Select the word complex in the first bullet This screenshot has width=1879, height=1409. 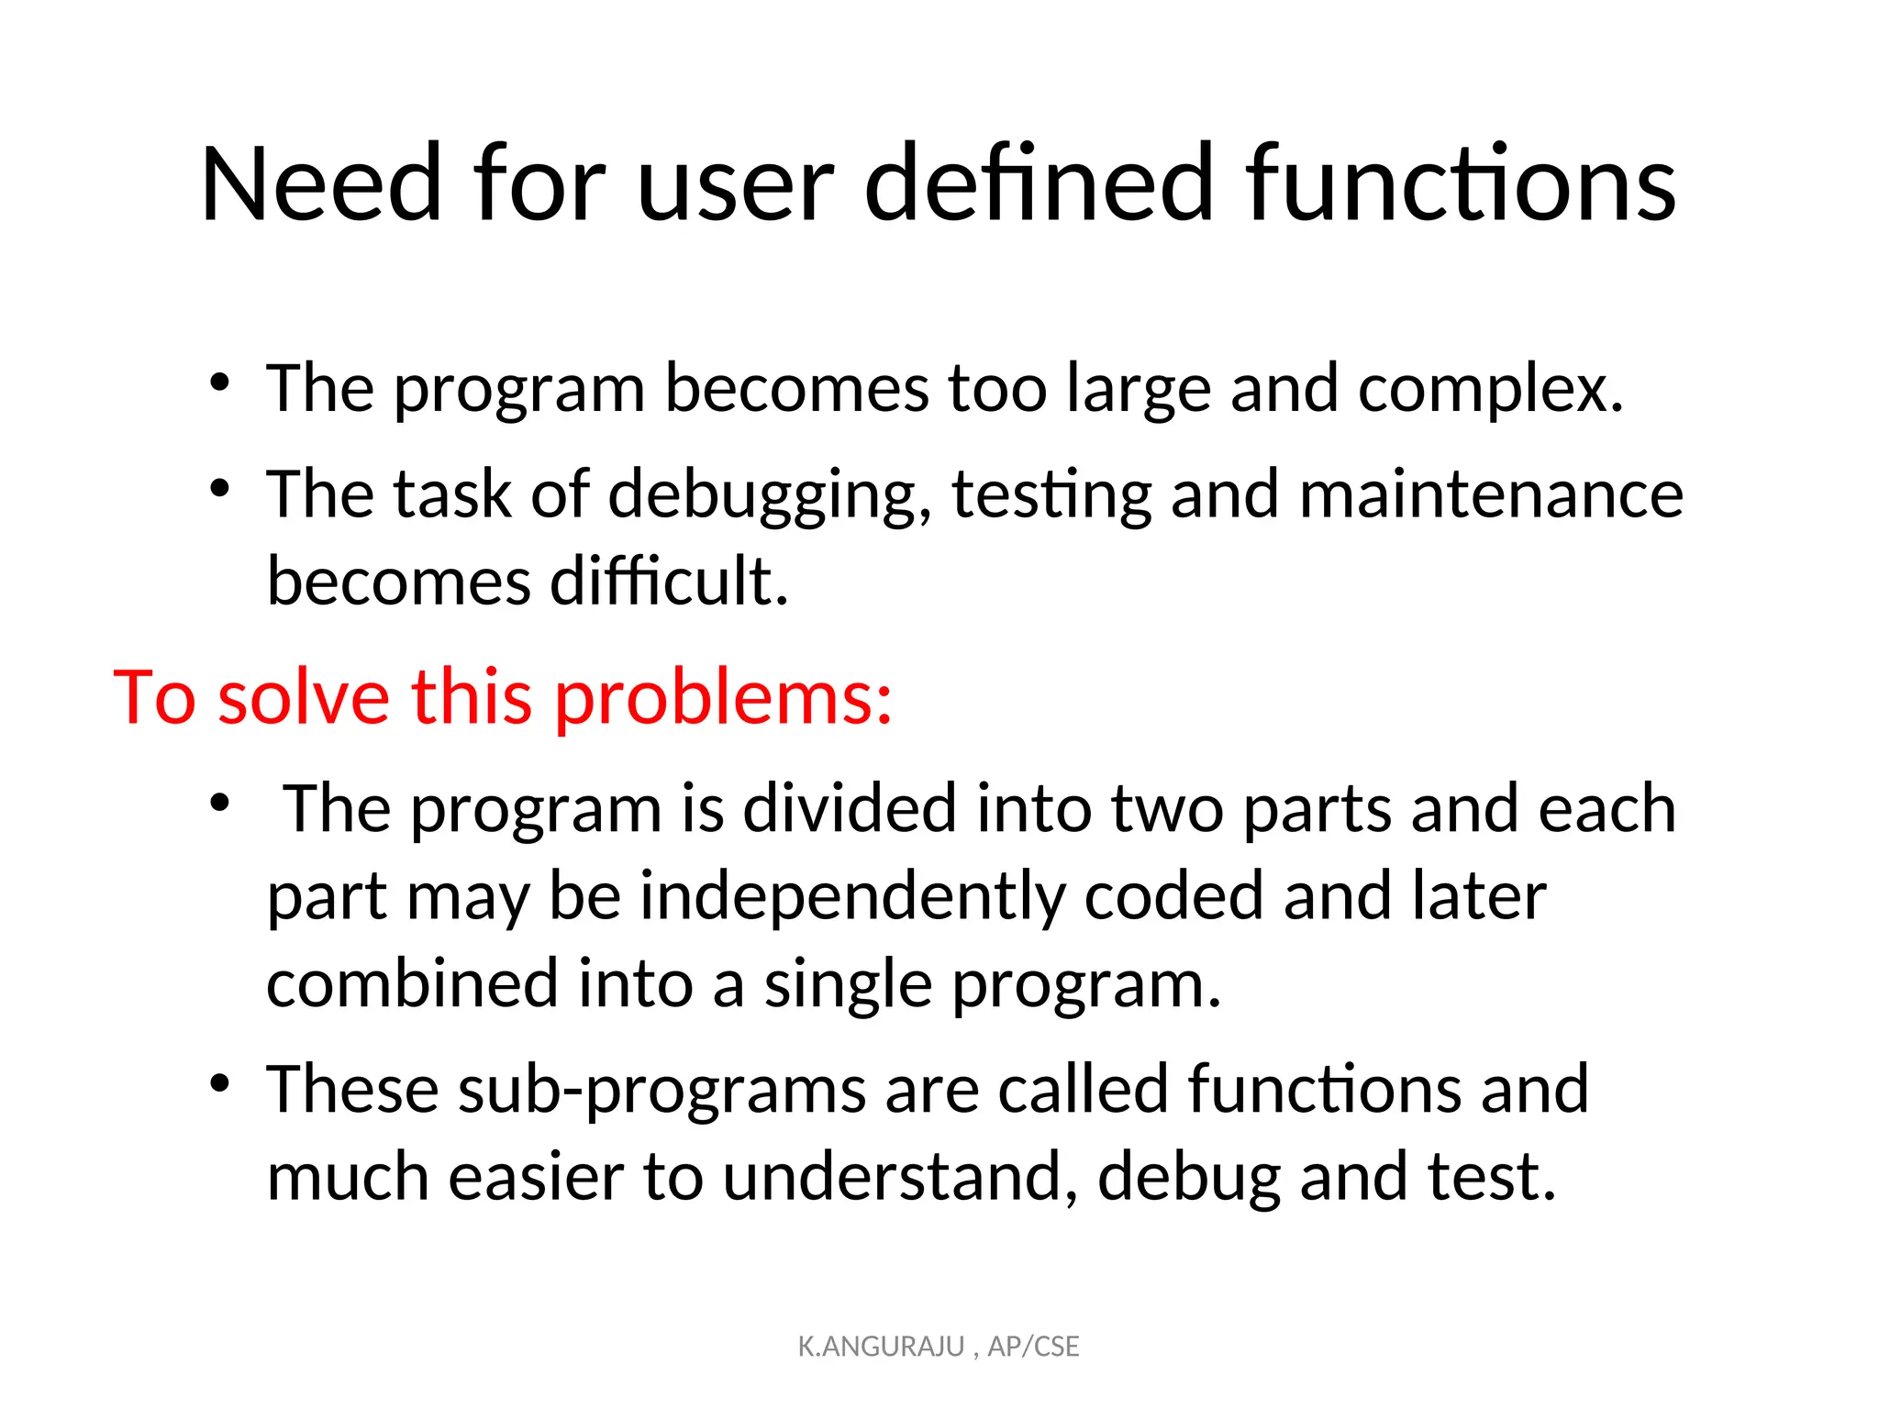point(1490,389)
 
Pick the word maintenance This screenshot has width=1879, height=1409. point(1491,494)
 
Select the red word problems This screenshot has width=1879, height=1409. point(723,699)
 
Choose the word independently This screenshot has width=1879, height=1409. point(852,897)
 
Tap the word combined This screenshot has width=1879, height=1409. point(412,983)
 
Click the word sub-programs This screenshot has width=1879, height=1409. point(662,1091)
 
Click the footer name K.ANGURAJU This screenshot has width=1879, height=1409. point(881,1347)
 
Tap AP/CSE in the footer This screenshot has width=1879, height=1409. point(1033,1347)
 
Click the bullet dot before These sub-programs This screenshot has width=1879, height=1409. point(218,1084)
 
